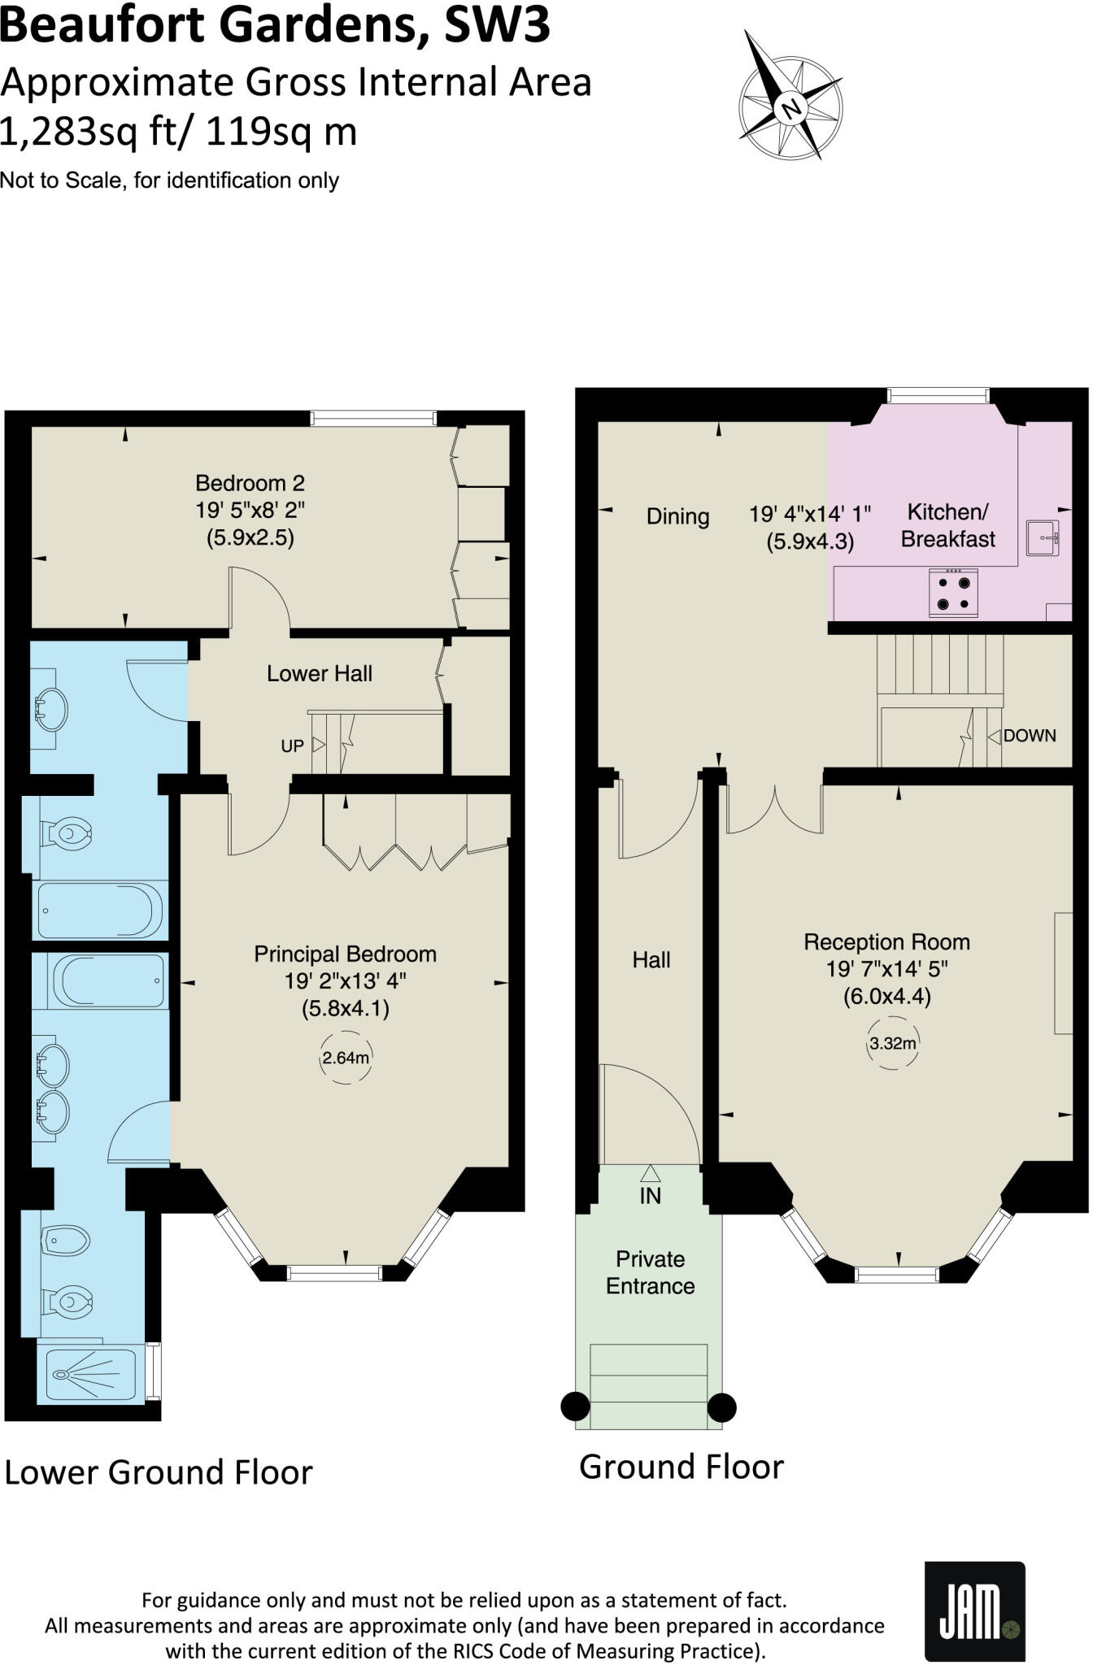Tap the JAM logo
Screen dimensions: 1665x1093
(974, 1611)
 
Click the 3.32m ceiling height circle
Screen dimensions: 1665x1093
(892, 1043)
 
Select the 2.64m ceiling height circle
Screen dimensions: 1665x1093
(346, 1058)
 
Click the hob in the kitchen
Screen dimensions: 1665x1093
(953, 593)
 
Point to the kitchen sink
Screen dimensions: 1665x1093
(1043, 537)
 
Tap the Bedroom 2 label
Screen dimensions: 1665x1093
(250, 483)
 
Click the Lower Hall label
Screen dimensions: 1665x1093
(320, 673)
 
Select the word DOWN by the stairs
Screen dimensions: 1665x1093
(1029, 736)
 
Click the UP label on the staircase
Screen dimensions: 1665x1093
(292, 746)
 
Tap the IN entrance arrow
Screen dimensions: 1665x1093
(650, 1185)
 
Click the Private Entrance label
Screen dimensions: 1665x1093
(650, 1272)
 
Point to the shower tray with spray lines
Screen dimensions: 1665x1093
(91, 1375)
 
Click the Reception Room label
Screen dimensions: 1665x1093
(886, 942)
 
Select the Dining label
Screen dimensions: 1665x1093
(677, 516)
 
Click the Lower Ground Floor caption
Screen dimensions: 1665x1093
(159, 1472)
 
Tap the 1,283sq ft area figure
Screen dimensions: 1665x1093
(87, 132)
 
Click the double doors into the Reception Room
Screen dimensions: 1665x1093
(774, 809)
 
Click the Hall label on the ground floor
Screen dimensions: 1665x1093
(651, 960)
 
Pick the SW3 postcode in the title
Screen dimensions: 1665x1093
(497, 24)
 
